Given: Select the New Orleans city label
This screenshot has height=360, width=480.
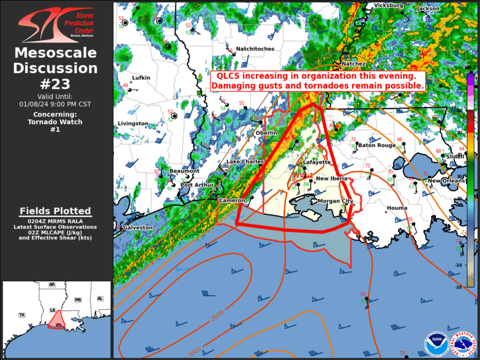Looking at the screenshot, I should (x=442, y=180).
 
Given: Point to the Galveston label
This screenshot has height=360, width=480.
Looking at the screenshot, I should (x=138, y=227).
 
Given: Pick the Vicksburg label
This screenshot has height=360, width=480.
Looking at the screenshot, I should (x=388, y=5).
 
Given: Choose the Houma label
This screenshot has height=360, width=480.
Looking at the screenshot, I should (x=396, y=208).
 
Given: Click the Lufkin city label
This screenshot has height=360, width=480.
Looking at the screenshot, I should (x=141, y=78).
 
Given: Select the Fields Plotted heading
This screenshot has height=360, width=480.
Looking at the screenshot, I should (x=55, y=211).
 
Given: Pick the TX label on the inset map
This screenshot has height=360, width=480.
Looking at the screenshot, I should (x=22, y=315).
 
